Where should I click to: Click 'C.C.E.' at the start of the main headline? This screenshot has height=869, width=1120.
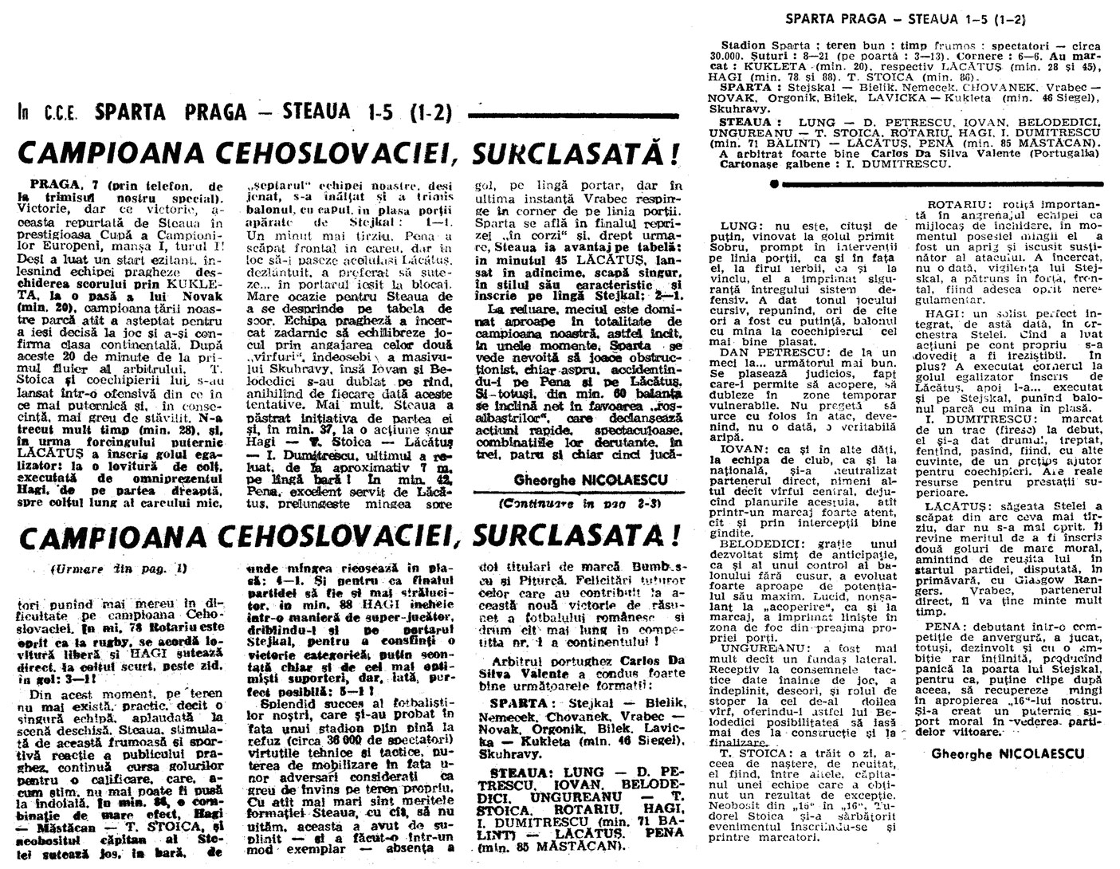point(57,114)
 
